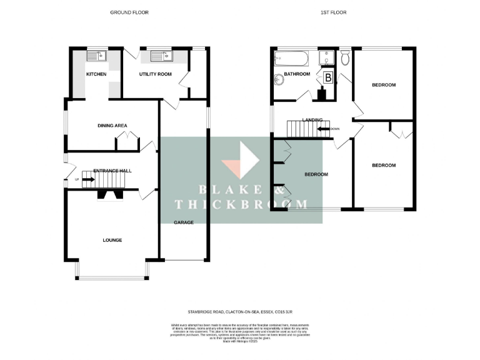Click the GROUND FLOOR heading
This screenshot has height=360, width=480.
[x=129, y=12]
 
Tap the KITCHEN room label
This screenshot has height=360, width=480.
[x=96, y=74]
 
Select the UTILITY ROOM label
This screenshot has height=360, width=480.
[x=155, y=74]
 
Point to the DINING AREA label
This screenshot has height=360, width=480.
[x=112, y=126]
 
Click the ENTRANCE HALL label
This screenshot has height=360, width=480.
[x=112, y=171]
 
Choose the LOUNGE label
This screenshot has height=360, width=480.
[x=112, y=240]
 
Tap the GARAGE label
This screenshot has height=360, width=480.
[x=184, y=222]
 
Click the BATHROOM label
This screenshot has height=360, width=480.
[x=297, y=74]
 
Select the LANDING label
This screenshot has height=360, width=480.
[x=312, y=120]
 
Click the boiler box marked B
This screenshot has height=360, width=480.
[x=328, y=78]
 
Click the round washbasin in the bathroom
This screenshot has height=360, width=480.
[x=278, y=79]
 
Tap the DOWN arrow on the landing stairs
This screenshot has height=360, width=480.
[x=324, y=129]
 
